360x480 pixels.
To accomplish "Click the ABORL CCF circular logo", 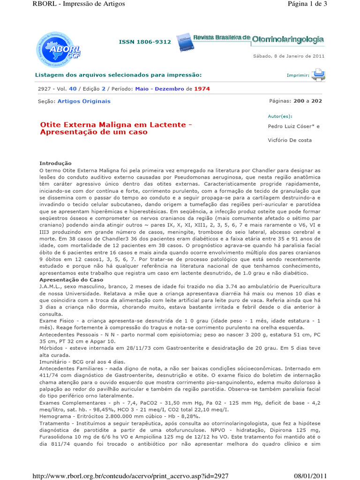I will pyautogui.click(x=52, y=49).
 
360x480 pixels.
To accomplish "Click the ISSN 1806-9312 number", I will pyautogui.click(x=145, y=42).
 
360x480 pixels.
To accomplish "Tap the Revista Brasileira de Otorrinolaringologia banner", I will pyautogui.click(x=250, y=40).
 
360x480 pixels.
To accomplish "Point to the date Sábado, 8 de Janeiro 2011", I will pyautogui.click(x=289, y=56).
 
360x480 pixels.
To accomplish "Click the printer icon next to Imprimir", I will pyautogui.click(x=319, y=75).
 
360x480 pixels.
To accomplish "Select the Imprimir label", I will pyautogui.click(x=298, y=75).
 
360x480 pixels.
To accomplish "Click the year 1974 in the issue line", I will pyautogui.click(x=202, y=89).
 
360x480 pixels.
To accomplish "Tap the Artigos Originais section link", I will pyautogui.click(x=84, y=101).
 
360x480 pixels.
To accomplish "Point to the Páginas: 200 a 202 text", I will pyautogui.click(x=295, y=101).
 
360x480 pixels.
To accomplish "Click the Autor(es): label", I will pyautogui.click(x=280, y=115).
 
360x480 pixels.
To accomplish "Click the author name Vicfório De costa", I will pyautogui.click(x=289, y=140).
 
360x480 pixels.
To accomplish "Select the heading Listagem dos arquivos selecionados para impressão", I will pyautogui.click(x=119, y=75).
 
